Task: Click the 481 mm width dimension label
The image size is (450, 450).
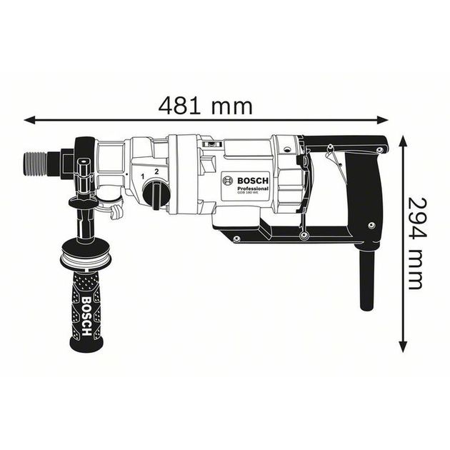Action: (205, 106)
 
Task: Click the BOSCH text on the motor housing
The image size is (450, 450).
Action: (251, 181)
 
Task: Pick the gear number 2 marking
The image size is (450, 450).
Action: (156, 173)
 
